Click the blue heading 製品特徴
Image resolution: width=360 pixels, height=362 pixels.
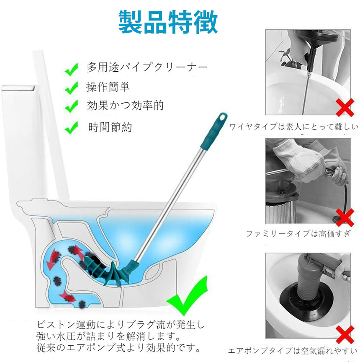pos(168,22)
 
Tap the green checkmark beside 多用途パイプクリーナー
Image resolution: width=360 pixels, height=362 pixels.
pos(72,69)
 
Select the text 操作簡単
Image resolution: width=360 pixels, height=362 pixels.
pos(108,87)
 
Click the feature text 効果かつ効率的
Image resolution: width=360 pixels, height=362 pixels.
pos(125,106)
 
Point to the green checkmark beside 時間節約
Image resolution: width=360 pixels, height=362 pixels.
pos(72,127)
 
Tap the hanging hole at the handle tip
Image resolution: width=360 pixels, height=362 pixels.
pos(222,118)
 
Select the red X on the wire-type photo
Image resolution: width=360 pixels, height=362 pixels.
pos(345,107)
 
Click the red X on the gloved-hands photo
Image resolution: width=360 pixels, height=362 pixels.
pos(345,217)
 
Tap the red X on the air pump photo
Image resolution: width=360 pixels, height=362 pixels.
pos(345,335)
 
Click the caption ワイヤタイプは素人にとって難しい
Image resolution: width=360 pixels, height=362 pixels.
pos(294,127)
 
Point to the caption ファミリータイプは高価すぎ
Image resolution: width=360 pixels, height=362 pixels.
pos(298,234)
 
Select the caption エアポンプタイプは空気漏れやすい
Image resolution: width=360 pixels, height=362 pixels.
pos(293,351)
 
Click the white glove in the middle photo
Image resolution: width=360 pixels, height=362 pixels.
pos(300,162)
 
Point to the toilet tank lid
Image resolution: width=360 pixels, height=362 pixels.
pos(18,88)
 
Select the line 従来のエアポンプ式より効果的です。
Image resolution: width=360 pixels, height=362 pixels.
pos(119,348)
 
